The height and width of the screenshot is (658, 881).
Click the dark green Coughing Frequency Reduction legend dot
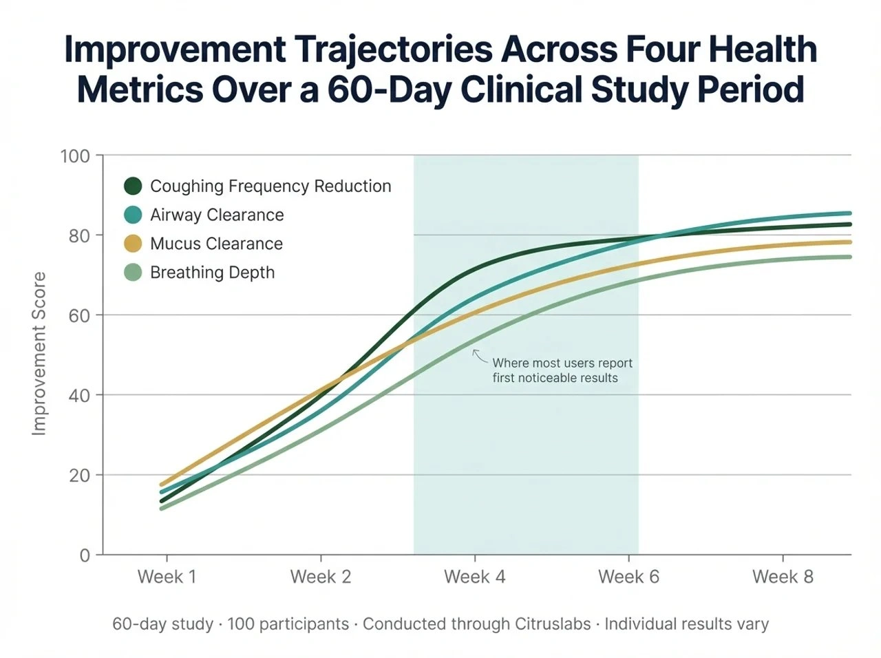(133, 186)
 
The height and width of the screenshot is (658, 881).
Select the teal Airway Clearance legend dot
(133, 215)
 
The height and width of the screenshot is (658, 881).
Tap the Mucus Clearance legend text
(216, 244)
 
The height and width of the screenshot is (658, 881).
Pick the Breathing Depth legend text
(212, 273)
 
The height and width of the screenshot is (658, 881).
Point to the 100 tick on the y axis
(76, 156)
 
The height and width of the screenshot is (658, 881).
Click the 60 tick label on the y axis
(80, 316)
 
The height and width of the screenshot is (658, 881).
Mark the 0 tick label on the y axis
(85, 555)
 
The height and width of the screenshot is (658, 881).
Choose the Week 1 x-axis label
(167, 577)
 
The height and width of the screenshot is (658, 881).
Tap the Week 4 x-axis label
(474, 577)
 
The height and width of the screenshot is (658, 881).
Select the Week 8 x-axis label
(783, 577)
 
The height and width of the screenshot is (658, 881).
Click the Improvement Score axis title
(39, 354)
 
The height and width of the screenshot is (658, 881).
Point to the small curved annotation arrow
(479, 356)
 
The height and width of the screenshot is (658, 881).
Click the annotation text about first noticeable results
(562, 370)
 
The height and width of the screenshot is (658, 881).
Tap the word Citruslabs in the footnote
(552, 624)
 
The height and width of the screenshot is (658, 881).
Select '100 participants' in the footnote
(288, 624)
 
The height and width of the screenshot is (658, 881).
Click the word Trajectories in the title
(393, 50)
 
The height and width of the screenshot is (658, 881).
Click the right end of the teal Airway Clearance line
(849, 213)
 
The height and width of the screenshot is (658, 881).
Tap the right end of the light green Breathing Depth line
(849, 257)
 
